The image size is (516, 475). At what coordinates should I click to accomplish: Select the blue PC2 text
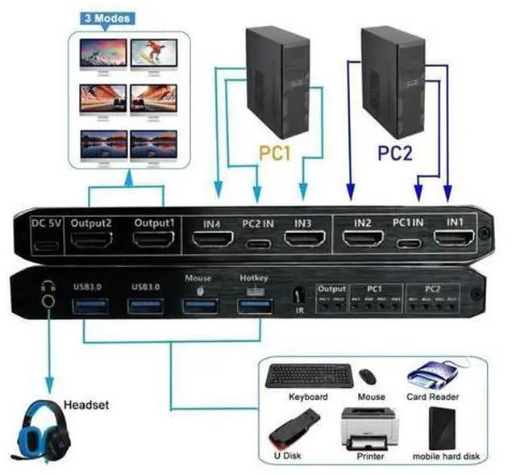(x=395, y=152)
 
